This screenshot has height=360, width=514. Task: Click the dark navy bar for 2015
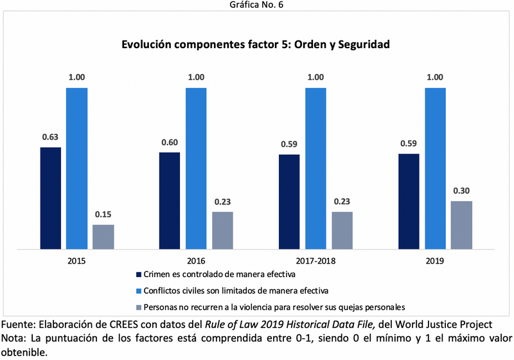point(51,198)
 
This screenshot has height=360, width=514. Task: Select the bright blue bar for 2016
point(196,168)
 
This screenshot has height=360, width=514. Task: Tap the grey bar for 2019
point(461,224)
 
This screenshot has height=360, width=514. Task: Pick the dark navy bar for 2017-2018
point(289,201)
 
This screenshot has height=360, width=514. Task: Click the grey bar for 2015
point(103,236)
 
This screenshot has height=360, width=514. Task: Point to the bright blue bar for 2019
point(435,168)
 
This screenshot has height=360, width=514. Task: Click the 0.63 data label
point(51,137)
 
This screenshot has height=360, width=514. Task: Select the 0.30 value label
point(461,191)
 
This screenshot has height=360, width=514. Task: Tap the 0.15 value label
point(103,214)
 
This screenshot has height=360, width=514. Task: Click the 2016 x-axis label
point(196,262)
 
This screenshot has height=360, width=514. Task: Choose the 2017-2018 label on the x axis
point(315,262)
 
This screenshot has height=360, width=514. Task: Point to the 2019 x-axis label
point(435,262)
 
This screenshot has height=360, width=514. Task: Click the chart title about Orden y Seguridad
point(256,46)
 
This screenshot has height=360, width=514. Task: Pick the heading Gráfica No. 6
point(256,5)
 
